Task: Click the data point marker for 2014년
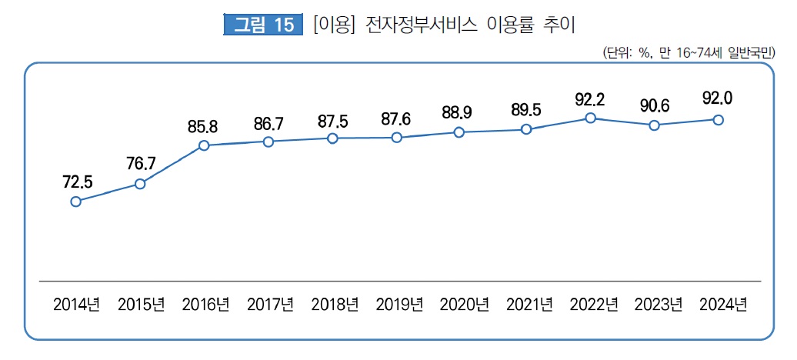[x=75, y=202]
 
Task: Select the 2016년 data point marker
[x=204, y=145]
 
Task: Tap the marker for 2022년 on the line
[x=590, y=118]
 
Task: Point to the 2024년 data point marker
[x=719, y=119]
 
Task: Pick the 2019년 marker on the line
[x=396, y=138]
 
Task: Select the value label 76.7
[x=140, y=164]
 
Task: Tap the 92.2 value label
[x=590, y=98]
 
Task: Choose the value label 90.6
[x=654, y=105]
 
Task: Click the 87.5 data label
[x=332, y=121]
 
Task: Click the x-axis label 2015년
[x=141, y=304]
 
